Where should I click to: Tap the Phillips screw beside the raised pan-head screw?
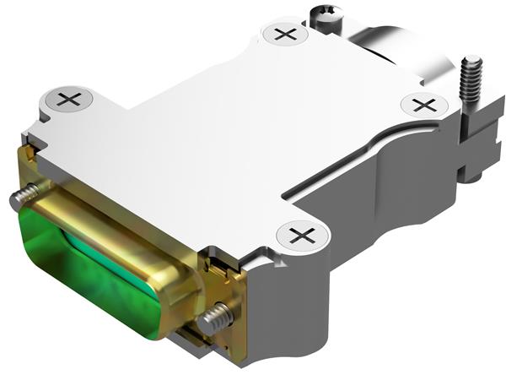point(286,35)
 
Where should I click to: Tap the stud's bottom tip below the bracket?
point(471,176)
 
